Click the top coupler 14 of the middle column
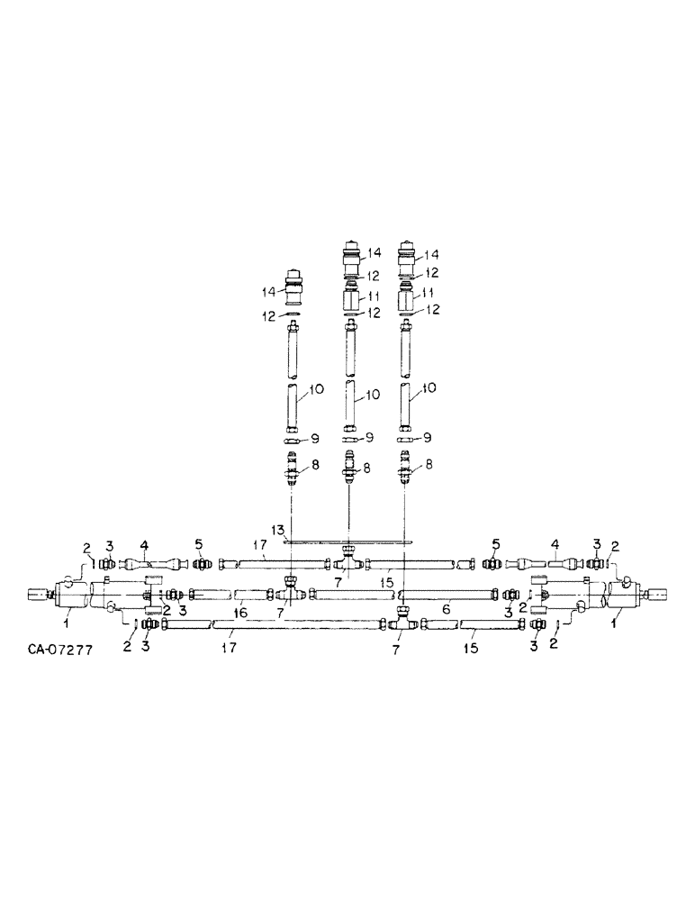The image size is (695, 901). (352, 253)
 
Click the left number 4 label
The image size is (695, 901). (143, 545)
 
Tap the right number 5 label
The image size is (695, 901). (494, 545)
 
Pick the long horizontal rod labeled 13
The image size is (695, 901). (347, 542)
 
